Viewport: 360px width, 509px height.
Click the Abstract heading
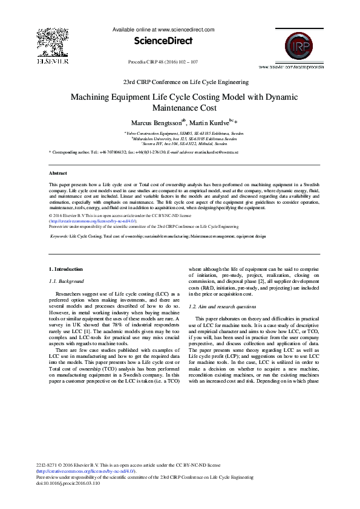click(x=58, y=173)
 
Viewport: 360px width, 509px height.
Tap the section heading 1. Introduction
click(x=66, y=269)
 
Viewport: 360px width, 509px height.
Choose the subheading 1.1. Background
click(x=67, y=282)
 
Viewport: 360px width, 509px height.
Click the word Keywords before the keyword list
click(x=59, y=237)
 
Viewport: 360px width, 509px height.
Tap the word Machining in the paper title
click(x=93, y=97)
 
